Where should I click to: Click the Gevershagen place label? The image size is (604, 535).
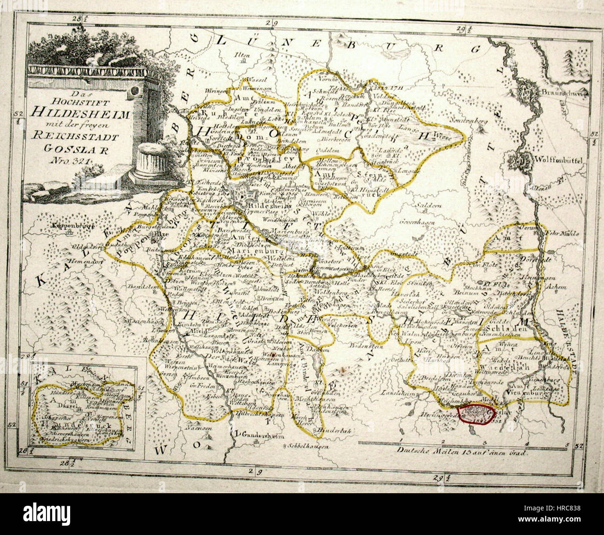pyautogui.click(x=421, y=222)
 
